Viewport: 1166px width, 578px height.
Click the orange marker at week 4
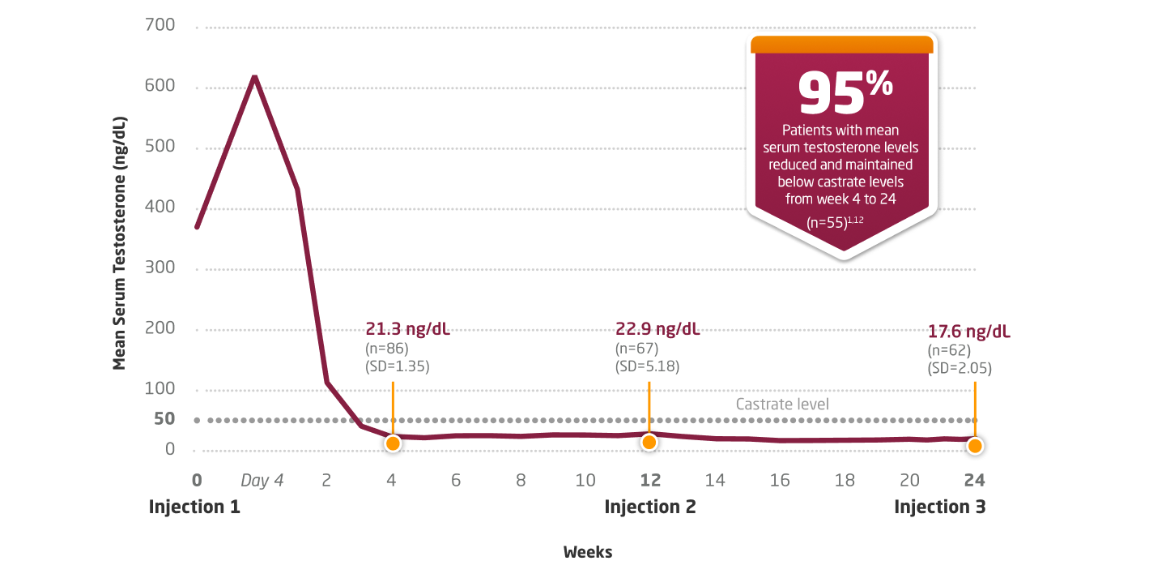393,443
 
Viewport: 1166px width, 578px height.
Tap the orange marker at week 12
649,442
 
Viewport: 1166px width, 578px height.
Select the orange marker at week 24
975,446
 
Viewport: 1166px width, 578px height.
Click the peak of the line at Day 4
255,77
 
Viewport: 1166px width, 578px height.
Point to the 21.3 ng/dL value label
407,329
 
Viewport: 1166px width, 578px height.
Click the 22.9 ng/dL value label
657,329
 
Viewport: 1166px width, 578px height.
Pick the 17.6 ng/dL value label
968,332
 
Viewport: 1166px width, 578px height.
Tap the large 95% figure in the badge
845,92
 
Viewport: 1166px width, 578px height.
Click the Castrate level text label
782,404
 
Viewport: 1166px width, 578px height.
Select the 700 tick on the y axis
160,25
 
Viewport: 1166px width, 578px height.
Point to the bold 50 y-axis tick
164,419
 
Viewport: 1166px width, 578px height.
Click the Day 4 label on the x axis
262,480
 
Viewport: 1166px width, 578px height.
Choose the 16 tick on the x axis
780,480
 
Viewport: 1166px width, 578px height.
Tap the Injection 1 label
194,507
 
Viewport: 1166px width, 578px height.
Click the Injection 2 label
650,507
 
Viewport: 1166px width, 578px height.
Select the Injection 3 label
939,507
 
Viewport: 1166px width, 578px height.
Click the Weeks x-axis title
588,552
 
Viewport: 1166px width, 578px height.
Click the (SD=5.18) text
647,366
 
